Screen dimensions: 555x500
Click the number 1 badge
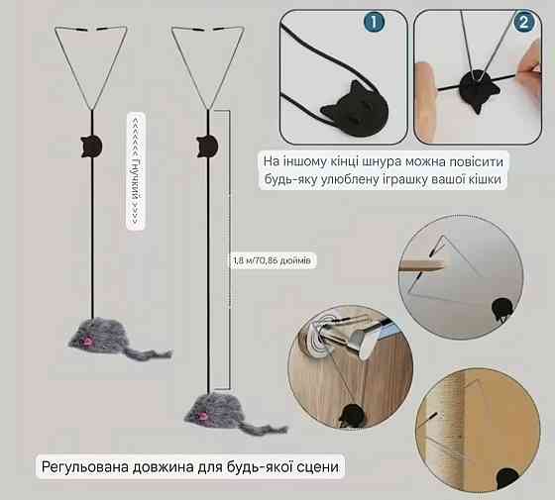point(374,22)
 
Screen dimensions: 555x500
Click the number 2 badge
point(523,22)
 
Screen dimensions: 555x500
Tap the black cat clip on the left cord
point(91,147)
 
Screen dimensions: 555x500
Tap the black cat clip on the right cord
point(207,147)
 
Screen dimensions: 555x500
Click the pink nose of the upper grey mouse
point(87,341)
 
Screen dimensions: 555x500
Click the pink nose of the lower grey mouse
point(203,416)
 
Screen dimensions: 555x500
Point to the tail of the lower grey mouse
point(266,430)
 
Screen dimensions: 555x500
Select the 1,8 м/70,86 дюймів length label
point(272,261)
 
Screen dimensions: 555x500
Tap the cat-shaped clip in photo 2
point(478,89)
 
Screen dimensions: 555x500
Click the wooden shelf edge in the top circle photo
point(421,265)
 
